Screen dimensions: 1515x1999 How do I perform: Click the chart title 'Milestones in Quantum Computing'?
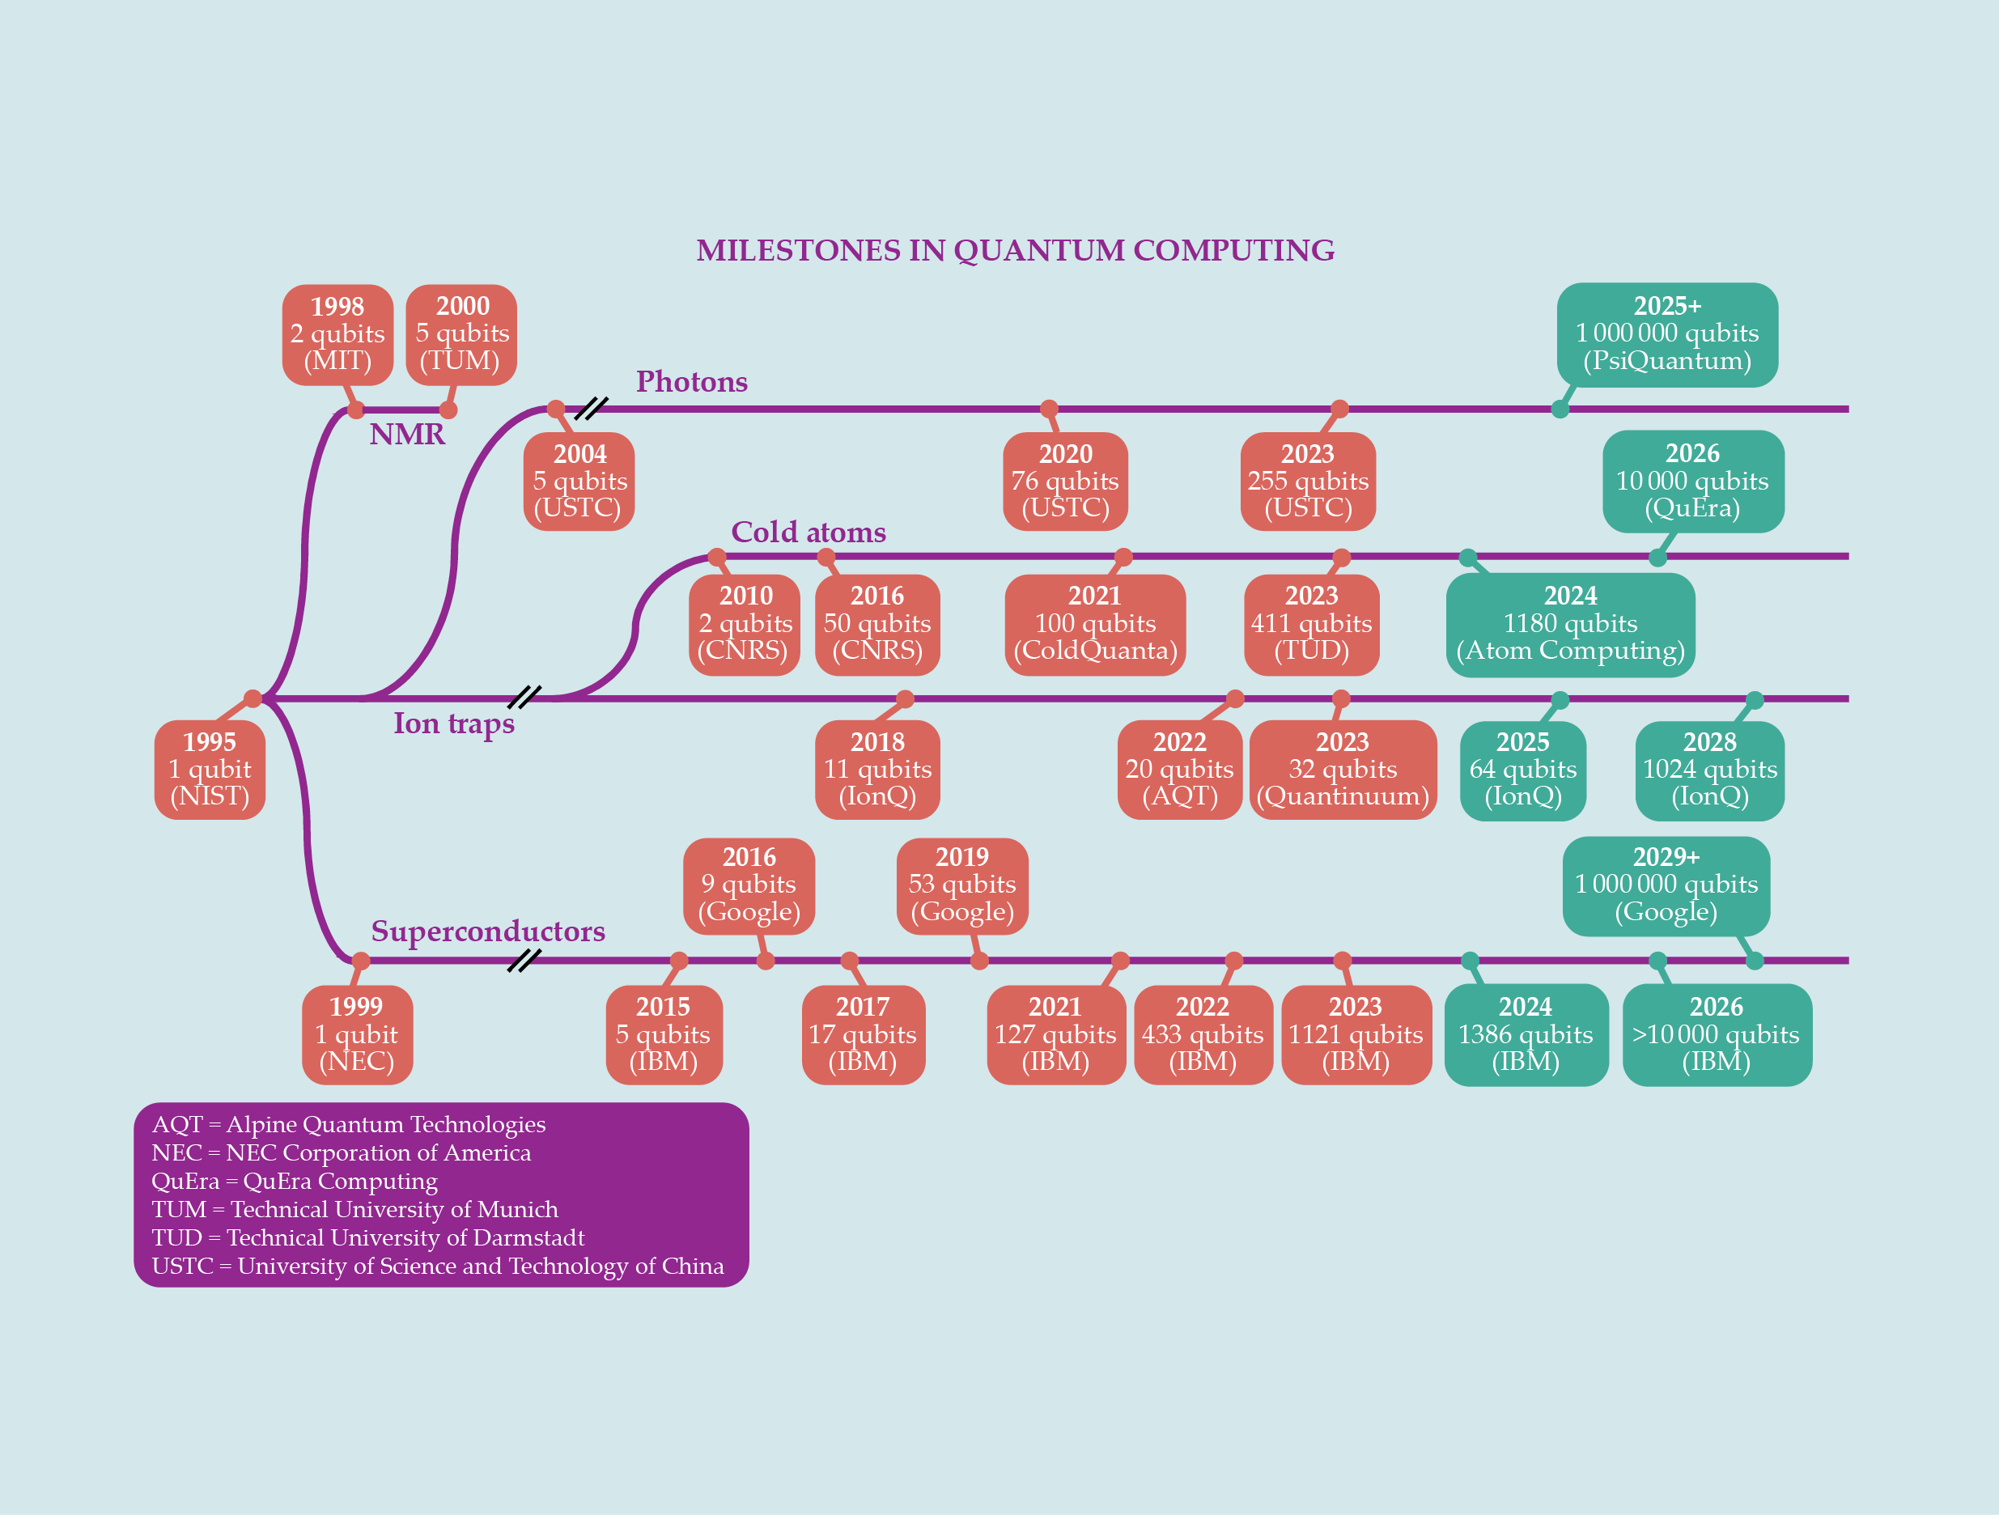(x=1015, y=250)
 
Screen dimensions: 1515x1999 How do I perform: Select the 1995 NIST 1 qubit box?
(x=210, y=770)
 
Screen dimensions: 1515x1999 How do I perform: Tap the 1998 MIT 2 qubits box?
(x=337, y=334)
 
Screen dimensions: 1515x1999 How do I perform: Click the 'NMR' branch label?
(x=406, y=435)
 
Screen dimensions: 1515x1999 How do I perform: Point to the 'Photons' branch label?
(x=691, y=381)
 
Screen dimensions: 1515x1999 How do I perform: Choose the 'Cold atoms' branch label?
(x=808, y=532)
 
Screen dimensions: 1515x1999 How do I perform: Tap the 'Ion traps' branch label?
(x=454, y=724)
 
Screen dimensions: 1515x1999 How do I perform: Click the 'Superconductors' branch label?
(x=488, y=931)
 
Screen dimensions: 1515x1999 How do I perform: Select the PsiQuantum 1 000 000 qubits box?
(x=1666, y=334)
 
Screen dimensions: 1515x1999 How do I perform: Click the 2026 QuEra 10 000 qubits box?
(x=1692, y=481)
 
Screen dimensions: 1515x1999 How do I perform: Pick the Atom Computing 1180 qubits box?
(x=1570, y=624)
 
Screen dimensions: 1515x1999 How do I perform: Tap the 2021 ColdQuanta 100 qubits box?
(x=1094, y=624)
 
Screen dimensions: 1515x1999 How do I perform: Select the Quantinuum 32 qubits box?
(x=1342, y=770)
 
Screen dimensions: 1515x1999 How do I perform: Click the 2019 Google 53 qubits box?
(x=961, y=885)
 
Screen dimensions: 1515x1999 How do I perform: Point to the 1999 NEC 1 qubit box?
(x=357, y=1034)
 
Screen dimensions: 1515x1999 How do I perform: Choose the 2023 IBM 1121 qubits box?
(x=1356, y=1034)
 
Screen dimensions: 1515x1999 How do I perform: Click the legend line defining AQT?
(x=349, y=1124)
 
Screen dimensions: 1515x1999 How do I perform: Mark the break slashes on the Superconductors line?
(x=524, y=960)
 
